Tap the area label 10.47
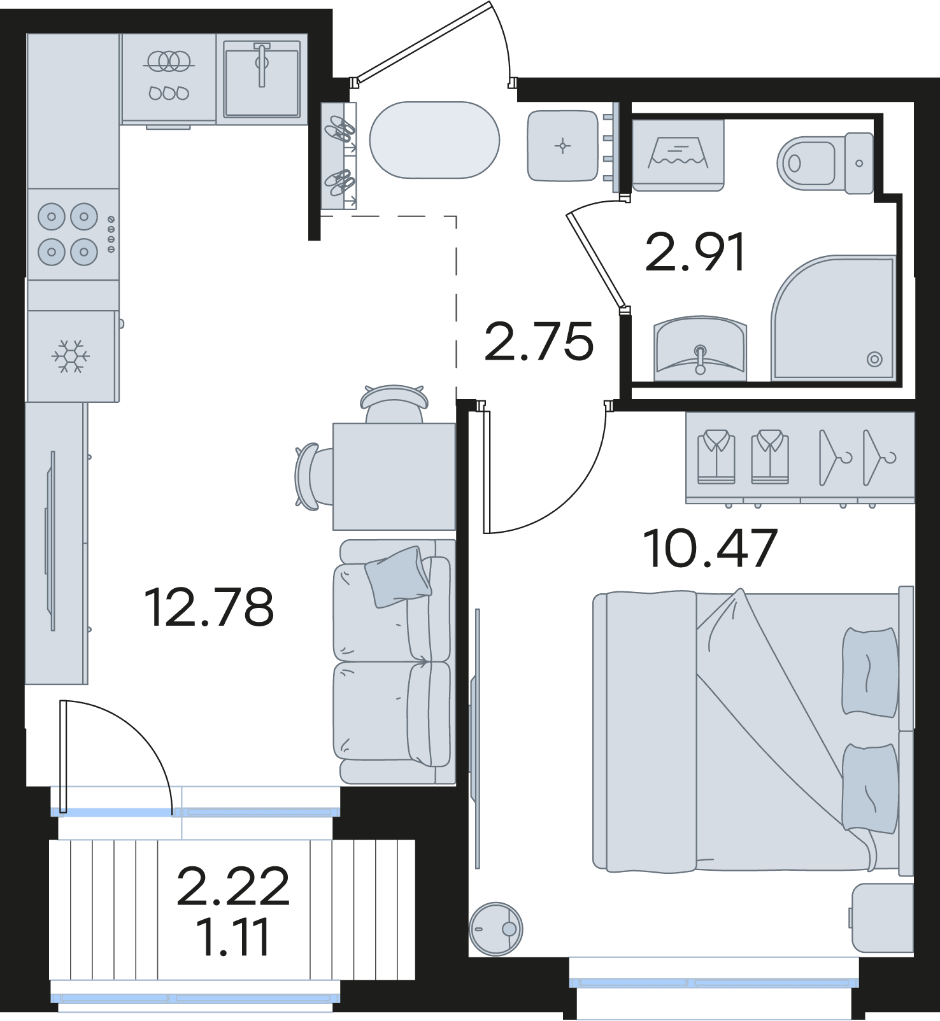pyautogui.click(x=710, y=547)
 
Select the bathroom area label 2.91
pyautogui.click(x=695, y=253)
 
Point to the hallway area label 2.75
pyautogui.click(x=539, y=342)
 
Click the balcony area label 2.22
pyautogui.click(x=233, y=886)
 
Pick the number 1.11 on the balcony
pyautogui.click(x=233, y=937)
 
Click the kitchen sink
pyautogui.click(x=261, y=79)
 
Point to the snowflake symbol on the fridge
pyautogui.click(x=70, y=356)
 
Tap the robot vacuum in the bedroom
pyautogui.click(x=495, y=929)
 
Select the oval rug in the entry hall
pyautogui.click(x=435, y=140)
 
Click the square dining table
pyautogui.click(x=394, y=477)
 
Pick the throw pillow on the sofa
pyautogui.click(x=397, y=576)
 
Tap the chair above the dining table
pyautogui.click(x=394, y=404)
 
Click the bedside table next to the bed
pyautogui.click(x=883, y=917)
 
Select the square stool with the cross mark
pyautogui.click(x=562, y=146)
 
